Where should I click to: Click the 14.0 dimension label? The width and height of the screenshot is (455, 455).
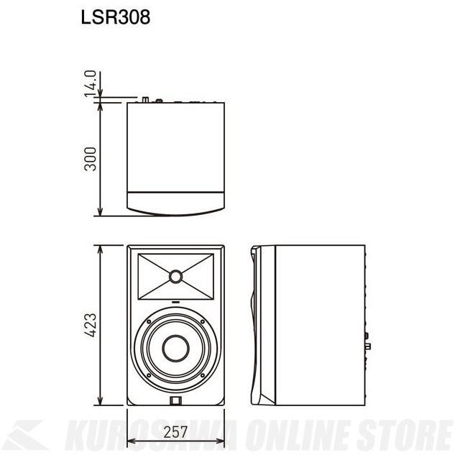point(90,85)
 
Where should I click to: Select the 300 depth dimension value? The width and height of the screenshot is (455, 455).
point(90,160)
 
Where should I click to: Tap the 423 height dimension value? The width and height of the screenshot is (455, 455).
point(90,326)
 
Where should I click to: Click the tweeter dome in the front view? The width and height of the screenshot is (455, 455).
point(176,275)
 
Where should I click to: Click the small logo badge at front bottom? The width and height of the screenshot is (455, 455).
point(175,401)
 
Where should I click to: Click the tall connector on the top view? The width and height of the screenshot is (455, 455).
point(146,100)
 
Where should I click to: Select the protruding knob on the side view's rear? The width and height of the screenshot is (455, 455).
point(368,346)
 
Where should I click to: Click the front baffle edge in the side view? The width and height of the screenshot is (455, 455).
point(258,327)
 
